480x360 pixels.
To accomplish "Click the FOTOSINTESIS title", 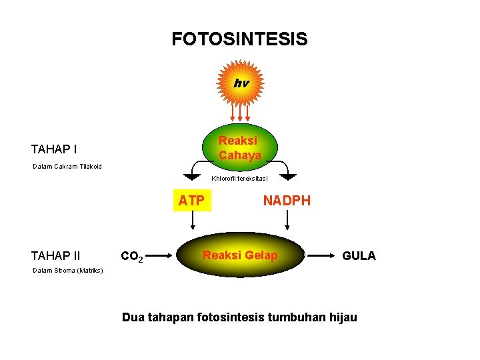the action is pos(240,39).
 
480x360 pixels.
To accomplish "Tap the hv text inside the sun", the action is pos(241,83).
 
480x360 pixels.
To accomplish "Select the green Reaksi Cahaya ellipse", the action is pos(240,147).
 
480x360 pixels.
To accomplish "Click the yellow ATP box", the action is pos(192,200).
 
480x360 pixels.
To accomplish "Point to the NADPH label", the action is pos(287,201).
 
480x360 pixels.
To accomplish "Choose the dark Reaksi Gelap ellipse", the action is pos(240,255).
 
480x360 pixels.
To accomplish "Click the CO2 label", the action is pos(132,256).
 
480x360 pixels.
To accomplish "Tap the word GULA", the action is pos(359,255).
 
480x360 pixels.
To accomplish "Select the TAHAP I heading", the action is pos(54,149).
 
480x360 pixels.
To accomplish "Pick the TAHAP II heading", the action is pos(56,255).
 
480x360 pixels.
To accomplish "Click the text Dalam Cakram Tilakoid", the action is pos(67,167).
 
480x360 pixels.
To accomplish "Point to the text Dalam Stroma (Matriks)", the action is pos(67,271).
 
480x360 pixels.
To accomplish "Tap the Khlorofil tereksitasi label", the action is pos(239,178).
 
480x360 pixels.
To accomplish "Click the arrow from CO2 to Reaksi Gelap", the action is pos(159,255).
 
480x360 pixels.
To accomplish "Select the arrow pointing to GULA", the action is pos(321,255).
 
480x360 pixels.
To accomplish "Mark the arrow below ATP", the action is pos(193,220).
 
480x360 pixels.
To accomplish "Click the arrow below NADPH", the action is pos(287,220).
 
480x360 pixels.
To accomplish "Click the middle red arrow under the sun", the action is pos(240,113).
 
